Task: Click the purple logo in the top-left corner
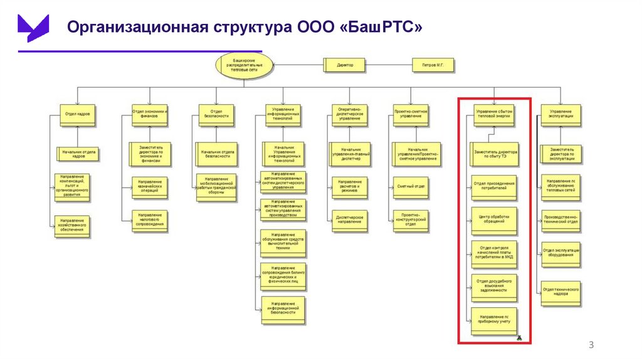point(33,26)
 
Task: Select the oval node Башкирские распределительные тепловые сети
point(245,65)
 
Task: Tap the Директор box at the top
point(345,65)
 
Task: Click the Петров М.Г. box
point(432,65)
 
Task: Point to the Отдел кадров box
point(78,114)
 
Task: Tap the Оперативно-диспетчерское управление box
point(349,114)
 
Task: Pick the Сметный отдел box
point(411,186)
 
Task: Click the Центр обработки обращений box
point(494,220)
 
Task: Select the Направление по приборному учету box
point(494,322)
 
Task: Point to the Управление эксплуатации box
point(560,114)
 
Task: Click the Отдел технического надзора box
point(560,290)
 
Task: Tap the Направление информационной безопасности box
point(283,311)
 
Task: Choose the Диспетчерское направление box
point(349,220)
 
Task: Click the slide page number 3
point(590,346)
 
